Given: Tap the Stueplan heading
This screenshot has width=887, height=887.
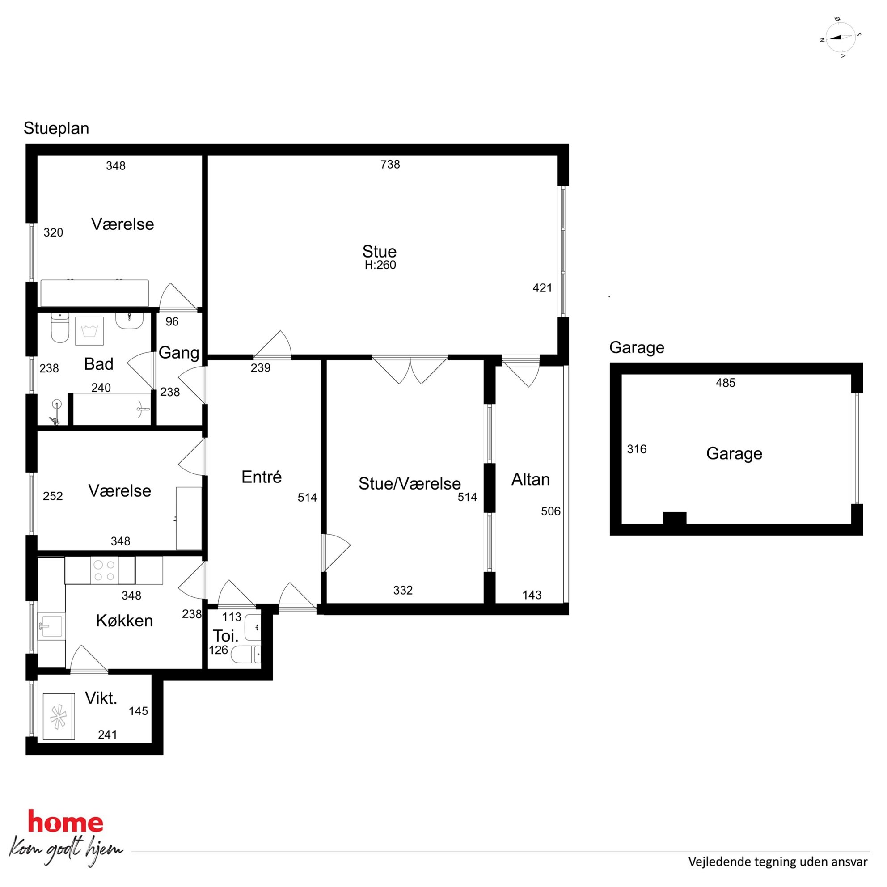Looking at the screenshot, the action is click(x=56, y=129).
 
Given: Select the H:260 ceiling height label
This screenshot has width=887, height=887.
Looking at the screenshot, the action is click(x=380, y=265).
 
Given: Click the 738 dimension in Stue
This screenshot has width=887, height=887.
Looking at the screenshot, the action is click(x=390, y=165).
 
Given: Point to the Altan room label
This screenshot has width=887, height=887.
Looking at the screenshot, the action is click(x=531, y=479).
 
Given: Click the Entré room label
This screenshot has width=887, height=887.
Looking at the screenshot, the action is click(x=261, y=477).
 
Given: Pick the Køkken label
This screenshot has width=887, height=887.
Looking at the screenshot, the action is click(x=124, y=621).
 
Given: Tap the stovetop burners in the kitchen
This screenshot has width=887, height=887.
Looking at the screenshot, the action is click(x=104, y=570).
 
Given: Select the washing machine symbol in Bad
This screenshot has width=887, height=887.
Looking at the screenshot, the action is click(x=89, y=331).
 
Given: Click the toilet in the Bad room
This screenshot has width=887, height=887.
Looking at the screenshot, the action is click(x=59, y=327).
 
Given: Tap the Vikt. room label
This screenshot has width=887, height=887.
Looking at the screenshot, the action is click(x=101, y=698).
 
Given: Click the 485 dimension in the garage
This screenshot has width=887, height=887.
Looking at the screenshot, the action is click(x=726, y=383).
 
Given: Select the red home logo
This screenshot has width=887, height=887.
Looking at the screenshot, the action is click(x=66, y=822).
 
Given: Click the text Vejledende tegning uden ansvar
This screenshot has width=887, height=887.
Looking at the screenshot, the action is click(x=778, y=862).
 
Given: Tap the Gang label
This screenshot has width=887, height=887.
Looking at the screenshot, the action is click(x=179, y=353).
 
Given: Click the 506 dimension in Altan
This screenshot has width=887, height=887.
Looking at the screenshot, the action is click(x=551, y=511).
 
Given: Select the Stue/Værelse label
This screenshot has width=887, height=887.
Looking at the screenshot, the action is click(x=410, y=483).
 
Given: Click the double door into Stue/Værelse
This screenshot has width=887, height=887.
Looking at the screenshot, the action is click(x=410, y=370).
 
